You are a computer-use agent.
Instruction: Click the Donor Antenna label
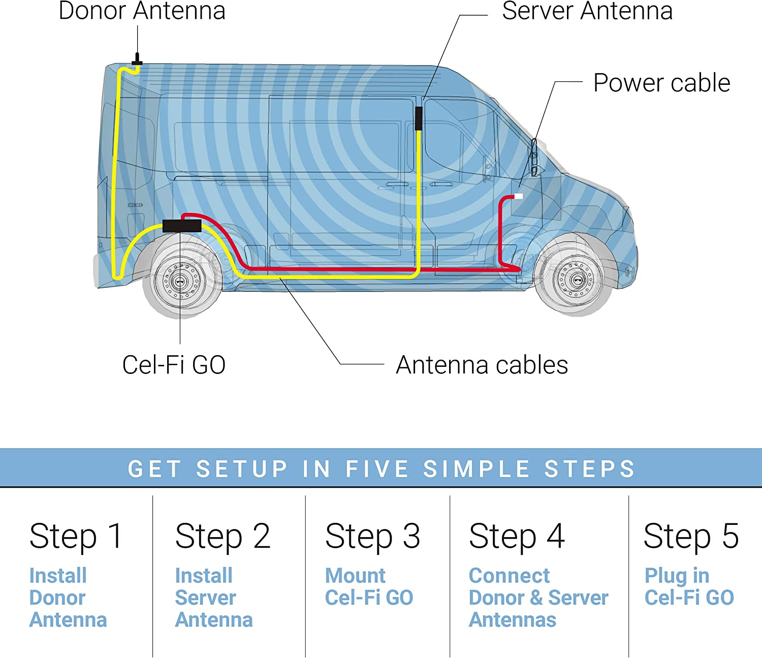pyautogui.click(x=142, y=11)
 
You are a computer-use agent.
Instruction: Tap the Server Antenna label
pyautogui.click(x=587, y=11)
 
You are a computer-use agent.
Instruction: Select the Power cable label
pyautogui.click(x=661, y=83)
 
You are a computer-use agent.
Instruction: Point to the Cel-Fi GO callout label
pyautogui.click(x=174, y=365)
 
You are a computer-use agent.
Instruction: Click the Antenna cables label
pyautogui.click(x=482, y=365)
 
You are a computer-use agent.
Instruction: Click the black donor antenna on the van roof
pyautogui.click(x=137, y=60)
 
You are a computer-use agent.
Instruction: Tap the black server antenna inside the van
pyautogui.click(x=419, y=118)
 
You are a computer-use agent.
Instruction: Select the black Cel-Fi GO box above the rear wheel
pyautogui.click(x=182, y=226)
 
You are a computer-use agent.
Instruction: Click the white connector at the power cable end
pyautogui.click(x=519, y=196)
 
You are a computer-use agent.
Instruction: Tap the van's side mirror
pyautogui.click(x=534, y=158)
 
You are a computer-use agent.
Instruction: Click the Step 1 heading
pyautogui.click(x=76, y=536)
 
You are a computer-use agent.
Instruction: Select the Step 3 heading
pyautogui.click(x=372, y=536)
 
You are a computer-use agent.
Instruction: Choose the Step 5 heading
pyautogui.click(x=691, y=536)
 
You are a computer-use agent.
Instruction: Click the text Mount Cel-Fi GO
pyautogui.click(x=369, y=587)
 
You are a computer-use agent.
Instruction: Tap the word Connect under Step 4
pyautogui.click(x=509, y=576)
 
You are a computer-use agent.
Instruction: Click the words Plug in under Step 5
pyautogui.click(x=677, y=576)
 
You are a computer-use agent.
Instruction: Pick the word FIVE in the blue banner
pyautogui.click(x=377, y=468)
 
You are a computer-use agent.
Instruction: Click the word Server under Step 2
pyautogui.click(x=205, y=598)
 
